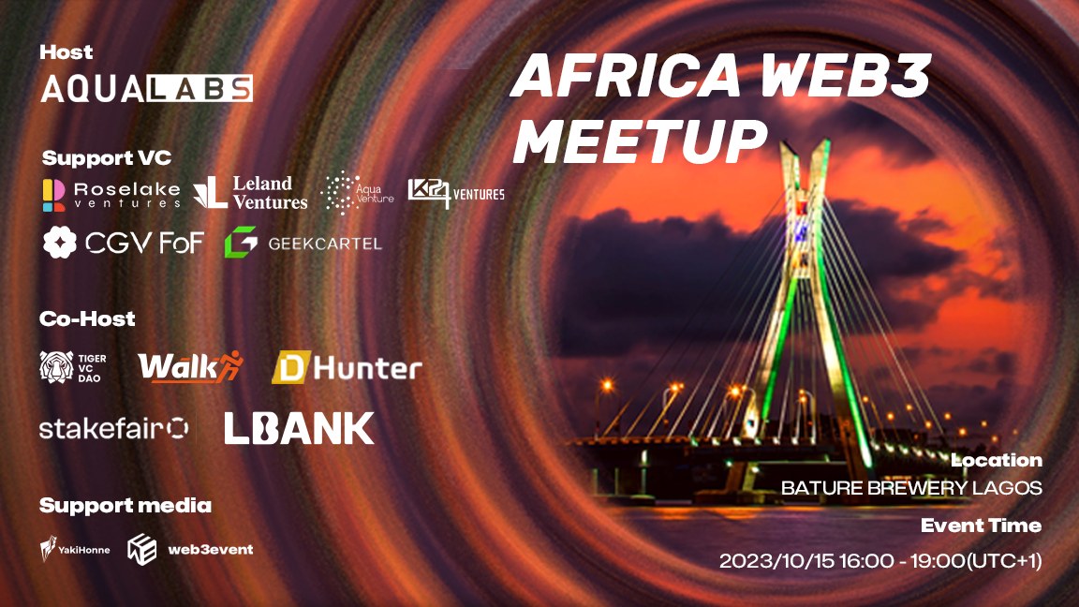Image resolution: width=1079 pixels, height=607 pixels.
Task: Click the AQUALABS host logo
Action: coord(146,88)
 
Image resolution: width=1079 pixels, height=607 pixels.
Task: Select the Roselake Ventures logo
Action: coord(111,192)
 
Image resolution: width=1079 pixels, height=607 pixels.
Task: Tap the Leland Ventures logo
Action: coord(250,192)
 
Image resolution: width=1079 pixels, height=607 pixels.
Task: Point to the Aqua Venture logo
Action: coord(357,192)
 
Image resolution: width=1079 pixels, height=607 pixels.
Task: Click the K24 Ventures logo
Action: coord(455,192)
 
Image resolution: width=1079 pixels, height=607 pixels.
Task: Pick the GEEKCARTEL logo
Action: coord(303,244)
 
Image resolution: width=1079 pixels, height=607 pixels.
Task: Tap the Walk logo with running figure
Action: coord(189,367)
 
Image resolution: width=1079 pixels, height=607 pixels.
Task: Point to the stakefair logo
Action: coord(113,428)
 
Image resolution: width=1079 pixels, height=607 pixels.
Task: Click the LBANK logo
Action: coord(299,428)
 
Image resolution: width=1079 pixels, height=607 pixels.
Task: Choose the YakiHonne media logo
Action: coord(75,549)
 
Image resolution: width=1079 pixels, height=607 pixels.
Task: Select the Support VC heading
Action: coord(107,157)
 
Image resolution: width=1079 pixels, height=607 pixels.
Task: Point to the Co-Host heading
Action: coord(87,318)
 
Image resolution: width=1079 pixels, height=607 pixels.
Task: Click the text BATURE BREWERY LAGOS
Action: coord(911,488)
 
